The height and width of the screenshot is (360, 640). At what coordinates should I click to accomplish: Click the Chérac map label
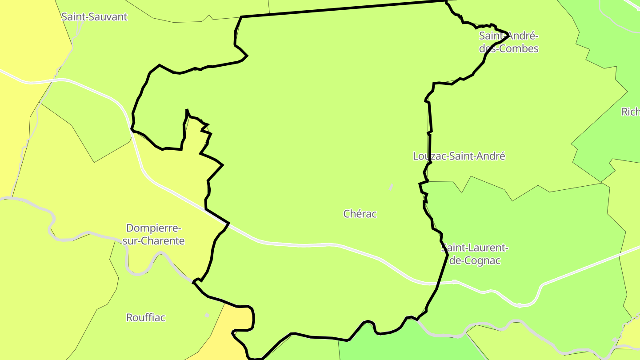(360, 214)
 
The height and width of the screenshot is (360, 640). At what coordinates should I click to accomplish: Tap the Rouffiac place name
(146, 318)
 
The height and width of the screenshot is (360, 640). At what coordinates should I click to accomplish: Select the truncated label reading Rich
(630, 112)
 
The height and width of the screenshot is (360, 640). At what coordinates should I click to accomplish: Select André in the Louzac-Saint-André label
(491, 156)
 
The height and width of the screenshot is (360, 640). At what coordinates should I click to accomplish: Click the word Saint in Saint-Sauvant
(73, 17)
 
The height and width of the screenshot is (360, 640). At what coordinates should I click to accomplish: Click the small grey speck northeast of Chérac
(391, 187)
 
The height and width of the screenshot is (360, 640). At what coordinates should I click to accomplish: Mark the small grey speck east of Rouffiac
(207, 315)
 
